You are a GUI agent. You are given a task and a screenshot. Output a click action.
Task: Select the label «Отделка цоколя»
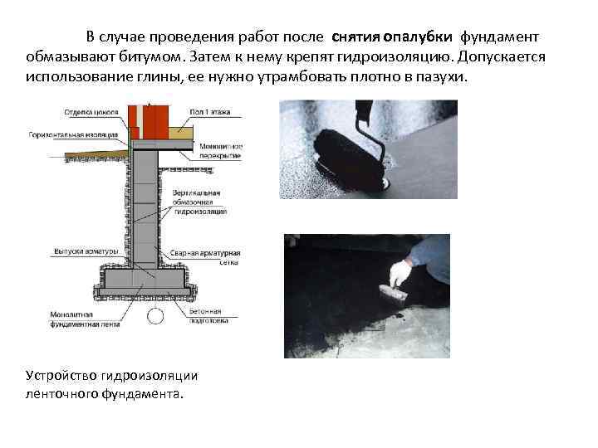click(91, 111)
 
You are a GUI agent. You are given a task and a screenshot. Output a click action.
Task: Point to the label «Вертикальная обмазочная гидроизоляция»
click(199, 202)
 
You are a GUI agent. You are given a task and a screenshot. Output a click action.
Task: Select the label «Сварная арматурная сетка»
click(218, 256)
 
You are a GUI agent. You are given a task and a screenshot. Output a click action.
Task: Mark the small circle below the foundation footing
click(155, 316)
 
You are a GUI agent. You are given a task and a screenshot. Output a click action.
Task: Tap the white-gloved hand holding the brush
click(403, 273)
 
